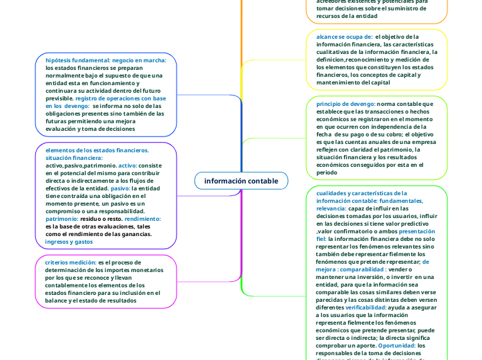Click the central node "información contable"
coord(241,181)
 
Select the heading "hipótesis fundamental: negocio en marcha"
coord(106,60)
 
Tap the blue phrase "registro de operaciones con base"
coord(120,98)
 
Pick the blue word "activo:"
coord(128,165)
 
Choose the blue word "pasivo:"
coord(120,188)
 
